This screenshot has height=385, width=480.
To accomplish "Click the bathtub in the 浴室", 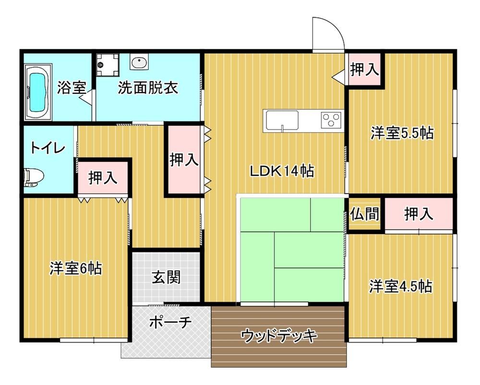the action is [39, 92].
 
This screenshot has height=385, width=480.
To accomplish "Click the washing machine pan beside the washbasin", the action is [107, 65].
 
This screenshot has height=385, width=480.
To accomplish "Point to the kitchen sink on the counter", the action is [282, 121].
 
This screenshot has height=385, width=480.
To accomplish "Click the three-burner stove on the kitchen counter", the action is [331, 120].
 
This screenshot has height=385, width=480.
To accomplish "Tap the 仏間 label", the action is [365, 214].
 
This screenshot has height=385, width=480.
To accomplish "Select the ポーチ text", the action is [170, 322].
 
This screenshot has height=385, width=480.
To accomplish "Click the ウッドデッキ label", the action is [278, 336].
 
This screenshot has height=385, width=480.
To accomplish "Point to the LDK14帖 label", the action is [282, 171].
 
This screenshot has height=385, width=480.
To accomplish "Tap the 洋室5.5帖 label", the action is [402, 133].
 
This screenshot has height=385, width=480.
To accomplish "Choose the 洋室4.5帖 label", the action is [401, 286].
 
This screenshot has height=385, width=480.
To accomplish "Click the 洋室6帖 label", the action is [76, 268].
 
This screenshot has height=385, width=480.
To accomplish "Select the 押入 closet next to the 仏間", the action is [419, 214].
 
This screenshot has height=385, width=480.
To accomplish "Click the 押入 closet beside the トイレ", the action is [103, 178].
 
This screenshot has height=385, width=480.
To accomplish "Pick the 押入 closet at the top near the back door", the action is [364, 69].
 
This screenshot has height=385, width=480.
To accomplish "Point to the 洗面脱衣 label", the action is [148, 88].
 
